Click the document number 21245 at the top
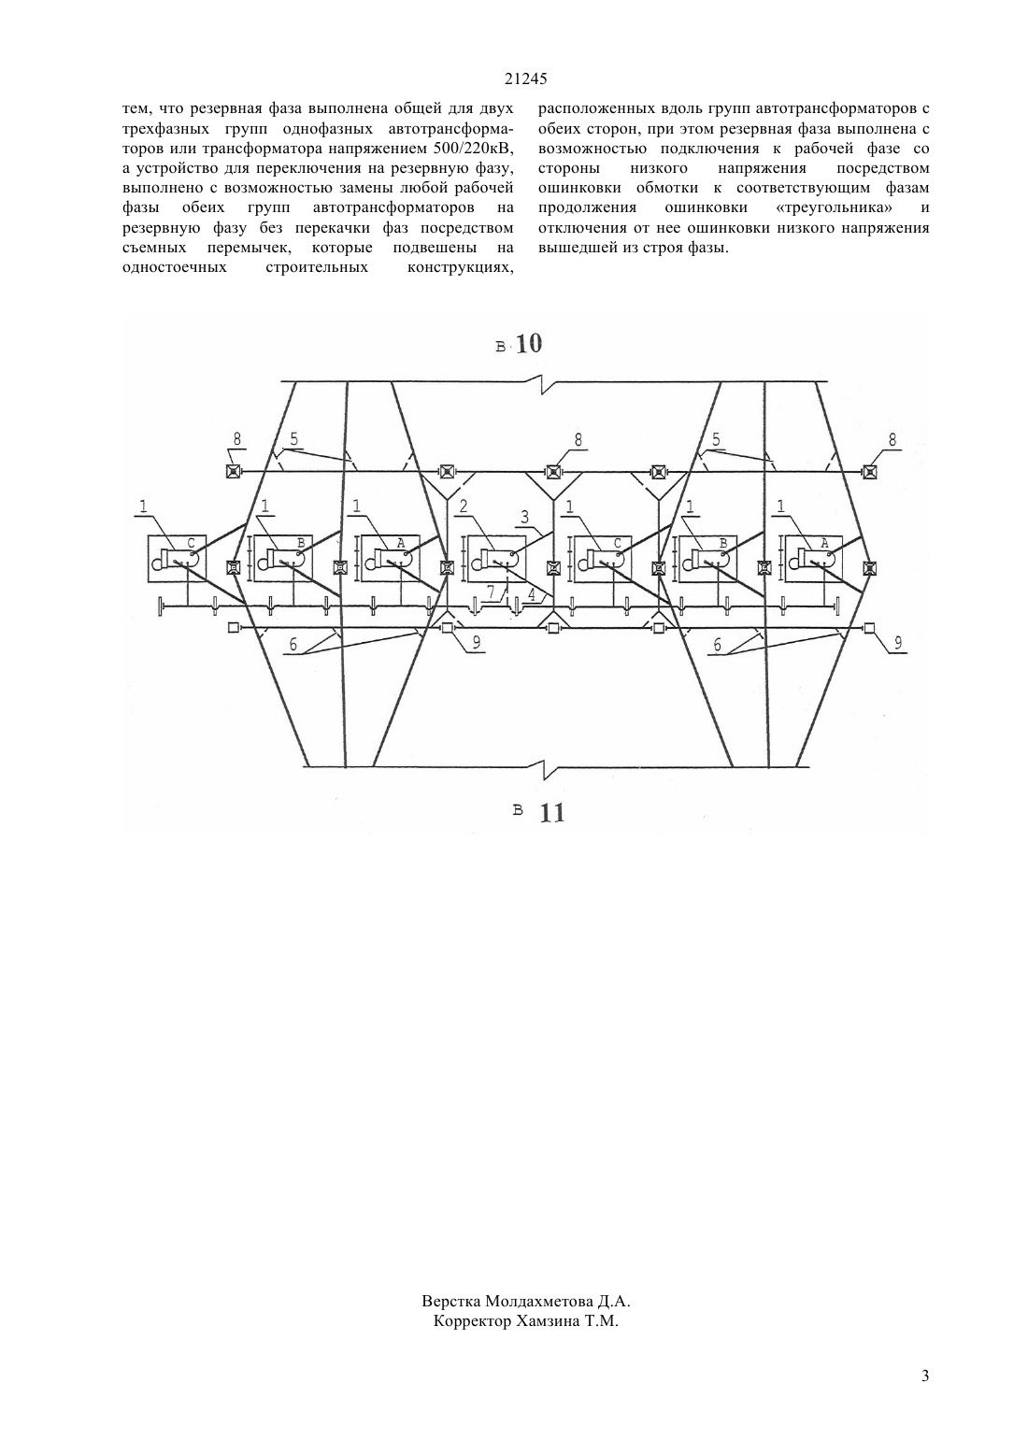coord(526,79)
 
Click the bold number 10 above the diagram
coord(529,343)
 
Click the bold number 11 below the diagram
coord(552,813)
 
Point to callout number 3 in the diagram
coord(524,518)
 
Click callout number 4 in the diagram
coord(532,592)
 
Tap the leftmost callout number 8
coord(236,439)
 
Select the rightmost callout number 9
coord(898,643)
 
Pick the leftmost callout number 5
coord(294,439)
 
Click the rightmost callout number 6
coord(717,645)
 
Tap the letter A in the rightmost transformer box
coord(825,543)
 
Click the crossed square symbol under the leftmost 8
coord(233,472)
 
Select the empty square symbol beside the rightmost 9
coord(869,627)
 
